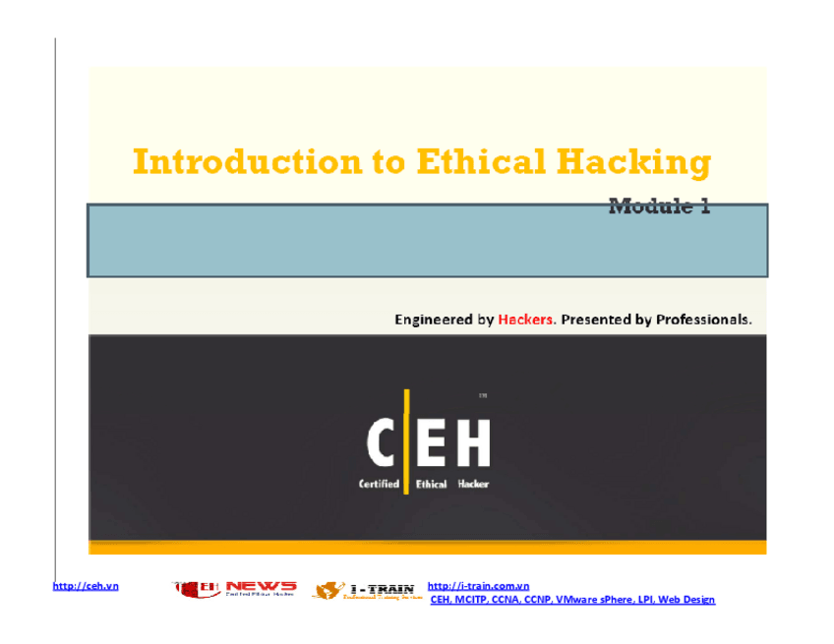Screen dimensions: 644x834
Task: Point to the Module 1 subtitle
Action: point(659,206)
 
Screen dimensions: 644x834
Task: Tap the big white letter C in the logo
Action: point(383,442)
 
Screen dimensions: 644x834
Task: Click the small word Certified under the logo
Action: point(378,484)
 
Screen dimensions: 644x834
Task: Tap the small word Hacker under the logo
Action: point(472,484)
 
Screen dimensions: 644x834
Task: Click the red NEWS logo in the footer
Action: point(260,587)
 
